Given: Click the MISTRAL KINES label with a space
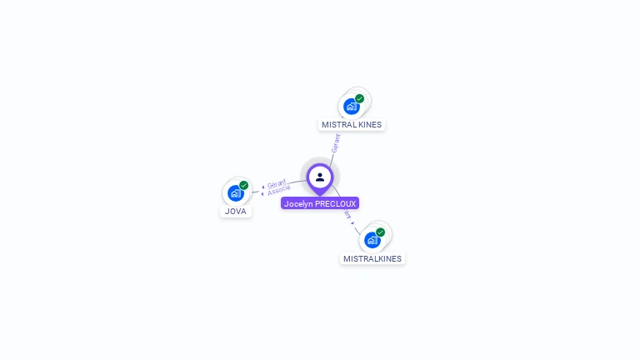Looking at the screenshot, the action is tap(352, 125).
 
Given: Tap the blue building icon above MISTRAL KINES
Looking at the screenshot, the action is tap(351, 107).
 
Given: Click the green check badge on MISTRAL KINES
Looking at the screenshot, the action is tap(360, 98).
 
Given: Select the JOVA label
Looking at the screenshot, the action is tap(236, 212).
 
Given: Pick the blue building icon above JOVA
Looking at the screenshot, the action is tap(235, 193).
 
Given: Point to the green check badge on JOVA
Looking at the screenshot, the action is tap(244, 185).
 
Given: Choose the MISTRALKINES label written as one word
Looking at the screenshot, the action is tap(372, 259).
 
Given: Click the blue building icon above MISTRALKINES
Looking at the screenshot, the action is tap(372, 241).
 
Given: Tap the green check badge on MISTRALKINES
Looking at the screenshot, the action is tap(381, 232).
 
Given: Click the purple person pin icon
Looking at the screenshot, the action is tap(320, 177).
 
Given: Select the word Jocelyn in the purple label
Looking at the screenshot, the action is tap(298, 203).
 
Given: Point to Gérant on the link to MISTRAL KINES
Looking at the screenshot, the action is tap(336, 142).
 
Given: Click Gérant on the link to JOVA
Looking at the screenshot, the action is tap(277, 183).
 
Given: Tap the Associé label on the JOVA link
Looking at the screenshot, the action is tap(279, 191).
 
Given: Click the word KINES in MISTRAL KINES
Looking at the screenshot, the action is tap(367, 125).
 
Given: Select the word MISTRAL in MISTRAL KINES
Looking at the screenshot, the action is tap(337, 125).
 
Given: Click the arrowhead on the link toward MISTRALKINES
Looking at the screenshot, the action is tap(353, 222).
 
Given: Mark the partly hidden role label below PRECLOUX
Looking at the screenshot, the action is tap(347, 214).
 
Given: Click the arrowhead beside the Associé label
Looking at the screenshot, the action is tap(264, 193).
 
